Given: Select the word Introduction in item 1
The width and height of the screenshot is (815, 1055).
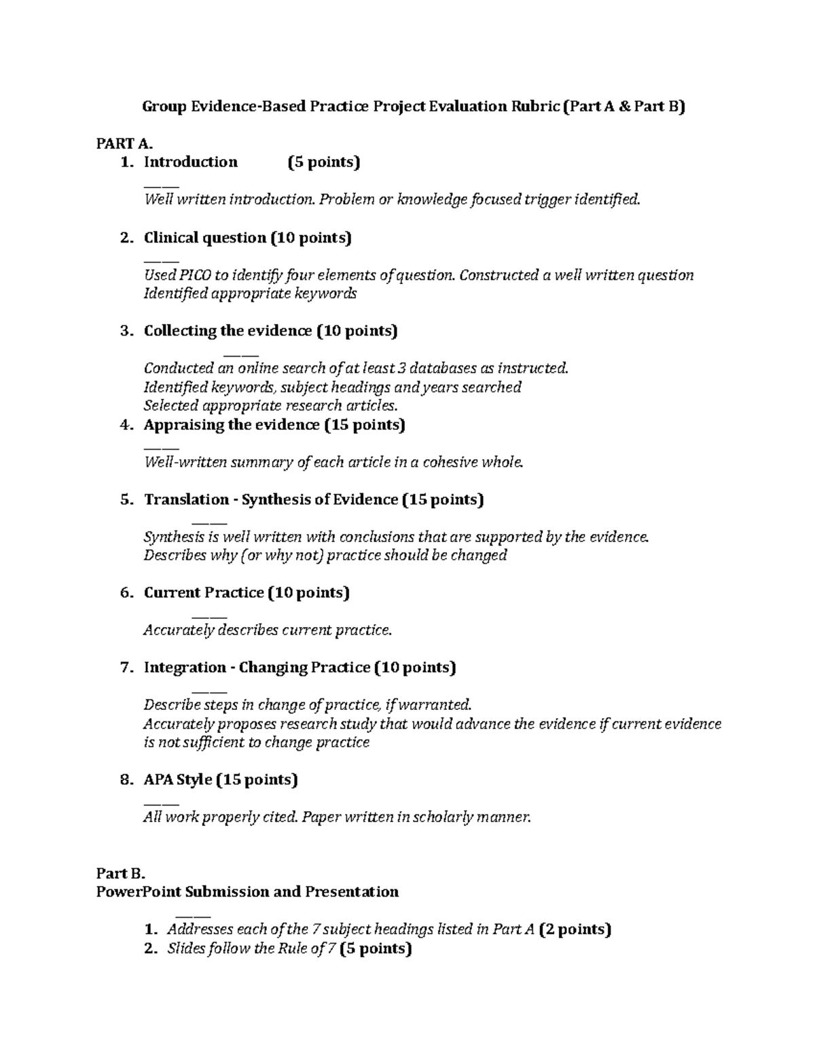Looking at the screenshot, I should click(191, 162).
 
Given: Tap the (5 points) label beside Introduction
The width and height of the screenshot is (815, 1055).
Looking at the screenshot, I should click(323, 162).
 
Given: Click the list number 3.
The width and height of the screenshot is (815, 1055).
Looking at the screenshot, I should click(125, 331).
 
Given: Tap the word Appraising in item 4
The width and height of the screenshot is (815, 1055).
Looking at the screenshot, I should click(177, 425).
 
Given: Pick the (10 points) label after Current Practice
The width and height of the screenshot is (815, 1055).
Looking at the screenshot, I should click(308, 592).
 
